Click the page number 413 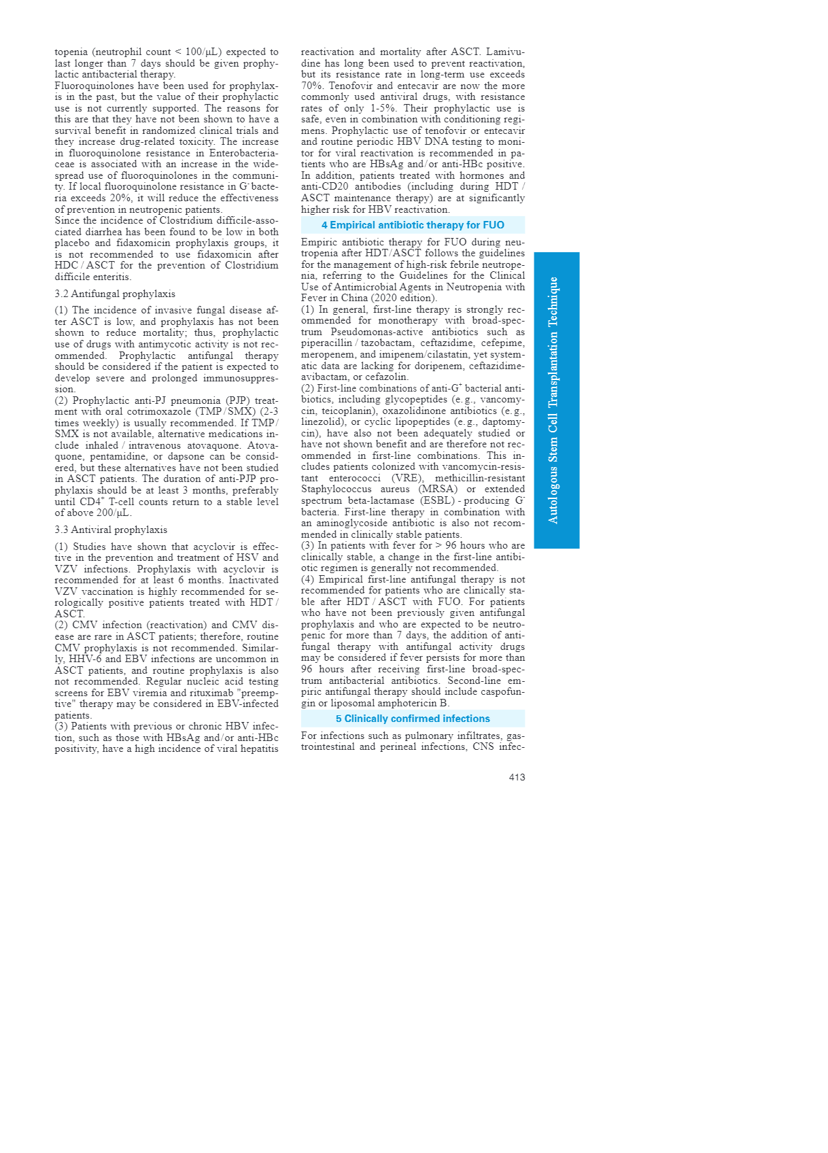pos(517,777)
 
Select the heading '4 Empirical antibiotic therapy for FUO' pos(413,225)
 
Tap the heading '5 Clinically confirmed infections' pos(413,719)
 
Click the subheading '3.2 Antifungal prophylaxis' pos(115,294)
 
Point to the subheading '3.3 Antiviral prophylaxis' pos(111,530)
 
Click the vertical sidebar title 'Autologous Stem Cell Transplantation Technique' pos(554,400)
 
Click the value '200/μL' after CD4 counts pos(113,513)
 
